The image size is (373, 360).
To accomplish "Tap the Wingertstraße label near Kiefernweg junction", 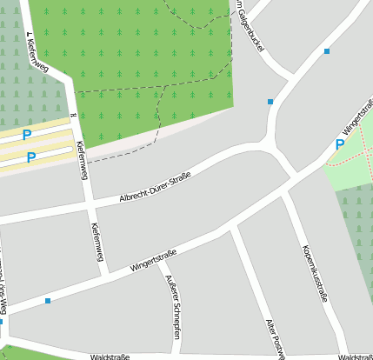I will coord(153,259).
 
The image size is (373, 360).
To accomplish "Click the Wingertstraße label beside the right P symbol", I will coord(357,120).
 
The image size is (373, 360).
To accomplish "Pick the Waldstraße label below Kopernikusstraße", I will coord(355,357).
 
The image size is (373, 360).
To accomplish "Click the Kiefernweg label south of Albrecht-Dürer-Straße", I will coord(97,242).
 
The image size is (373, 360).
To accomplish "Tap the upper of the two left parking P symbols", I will coord(26,135).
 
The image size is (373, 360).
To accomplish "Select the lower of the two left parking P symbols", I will coord(30,157).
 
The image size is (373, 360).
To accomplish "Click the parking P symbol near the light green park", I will coord(339,144).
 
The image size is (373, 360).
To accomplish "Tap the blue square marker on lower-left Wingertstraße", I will coord(47,301).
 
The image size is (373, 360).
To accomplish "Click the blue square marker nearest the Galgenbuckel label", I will coord(270,102).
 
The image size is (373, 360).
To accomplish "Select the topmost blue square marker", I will coord(327,51).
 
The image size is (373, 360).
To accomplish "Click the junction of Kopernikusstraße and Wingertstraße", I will coord(285,197).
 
